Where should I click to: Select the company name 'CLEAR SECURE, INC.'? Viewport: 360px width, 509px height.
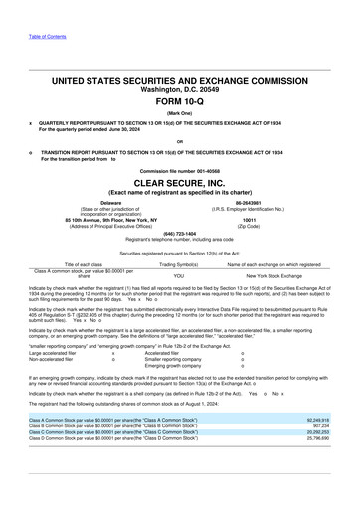(x=179, y=184)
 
